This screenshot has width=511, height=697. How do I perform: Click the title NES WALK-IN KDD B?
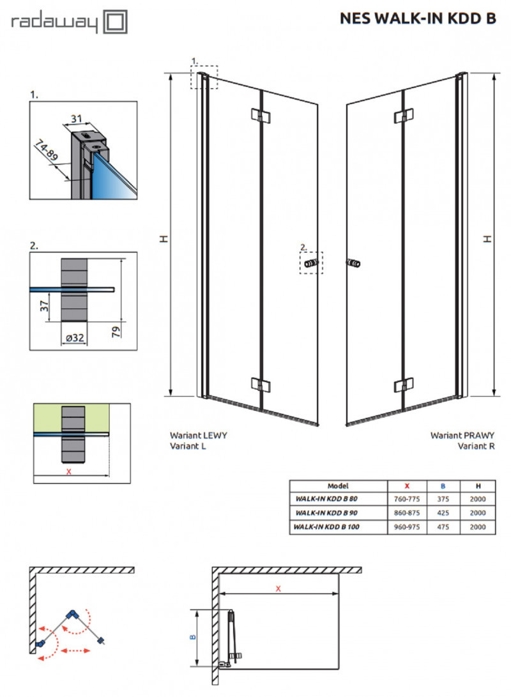pyautogui.click(x=418, y=19)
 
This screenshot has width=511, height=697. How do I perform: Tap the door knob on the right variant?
pyautogui.click(x=352, y=263)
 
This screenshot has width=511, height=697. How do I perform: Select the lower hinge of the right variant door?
pyautogui.click(x=402, y=385)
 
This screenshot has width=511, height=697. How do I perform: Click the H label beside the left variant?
pyautogui.click(x=163, y=238)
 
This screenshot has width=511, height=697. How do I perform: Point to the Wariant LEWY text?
pyautogui.click(x=199, y=434)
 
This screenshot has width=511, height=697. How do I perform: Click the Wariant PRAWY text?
pyautogui.click(x=462, y=434)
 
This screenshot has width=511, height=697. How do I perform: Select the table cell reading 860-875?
pyautogui.click(x=408, y=512)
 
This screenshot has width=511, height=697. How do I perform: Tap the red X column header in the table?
pyautogui.click(x=408, y=486)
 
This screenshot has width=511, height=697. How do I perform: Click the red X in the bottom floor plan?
pyautogui.click(x=278, y=588)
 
